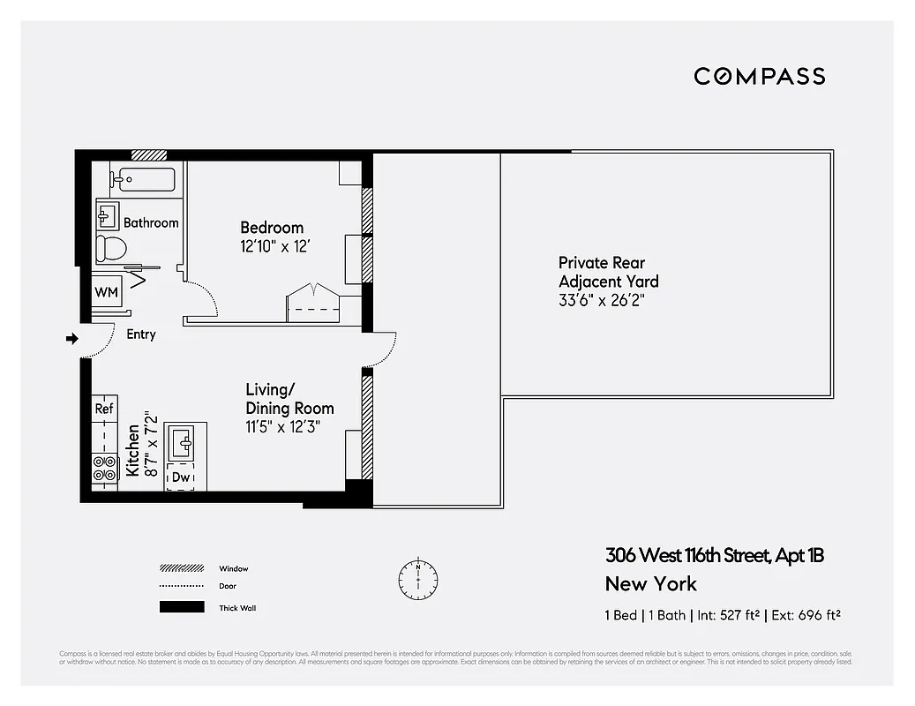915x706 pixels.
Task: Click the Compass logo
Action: click(x=759, y=76)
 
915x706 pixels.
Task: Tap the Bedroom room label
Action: click(x=272, y=228)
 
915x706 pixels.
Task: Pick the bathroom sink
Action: click(x=108, y=214)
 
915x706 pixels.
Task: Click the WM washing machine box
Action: click(x=107, y=291)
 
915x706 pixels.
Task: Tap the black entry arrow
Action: click(x=71, y=337)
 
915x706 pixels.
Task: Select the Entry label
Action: click(x=141, y=334)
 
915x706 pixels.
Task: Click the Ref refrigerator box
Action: click(x=104, y=409)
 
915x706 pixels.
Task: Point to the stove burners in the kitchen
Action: click(x=104, y=468)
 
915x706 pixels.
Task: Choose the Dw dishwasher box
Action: click(x=180, y=477)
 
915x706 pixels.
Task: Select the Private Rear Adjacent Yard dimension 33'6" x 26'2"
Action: click(x=608, y=300)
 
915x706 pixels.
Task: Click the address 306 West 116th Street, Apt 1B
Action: click(x=715, y=556)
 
